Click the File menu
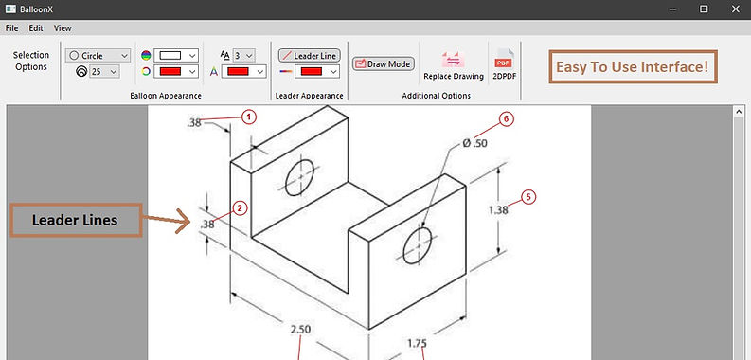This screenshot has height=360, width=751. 11,28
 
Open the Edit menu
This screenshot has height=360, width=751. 36,28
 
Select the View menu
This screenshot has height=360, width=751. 63,28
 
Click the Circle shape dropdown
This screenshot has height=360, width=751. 98,56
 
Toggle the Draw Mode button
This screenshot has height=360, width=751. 384,63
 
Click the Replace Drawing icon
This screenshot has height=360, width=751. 453,60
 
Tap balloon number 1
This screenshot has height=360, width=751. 248,117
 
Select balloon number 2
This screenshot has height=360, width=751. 240,208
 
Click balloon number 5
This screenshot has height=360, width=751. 528,197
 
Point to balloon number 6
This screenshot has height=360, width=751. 507,118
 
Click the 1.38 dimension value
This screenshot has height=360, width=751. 498,210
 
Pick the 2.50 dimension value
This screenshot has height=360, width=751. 300,330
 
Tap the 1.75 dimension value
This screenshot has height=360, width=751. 417,343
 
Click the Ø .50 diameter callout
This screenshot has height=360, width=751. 474,143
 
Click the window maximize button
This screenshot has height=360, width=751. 704,9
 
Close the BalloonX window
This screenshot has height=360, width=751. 736,9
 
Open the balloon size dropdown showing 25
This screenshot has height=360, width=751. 104,71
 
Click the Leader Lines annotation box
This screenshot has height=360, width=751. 76,220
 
